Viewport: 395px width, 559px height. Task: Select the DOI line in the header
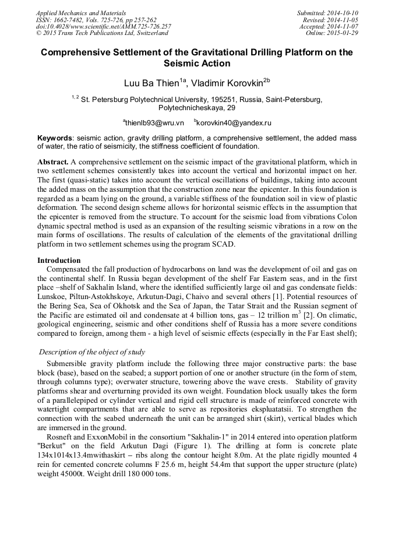tap(103, 26)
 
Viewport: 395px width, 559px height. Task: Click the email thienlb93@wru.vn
tap(154, 123)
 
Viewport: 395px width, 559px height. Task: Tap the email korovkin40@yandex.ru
tap(234, 123)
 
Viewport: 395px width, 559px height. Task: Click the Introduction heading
tap(59, 260)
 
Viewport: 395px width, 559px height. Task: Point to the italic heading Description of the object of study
tap(92, 351)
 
